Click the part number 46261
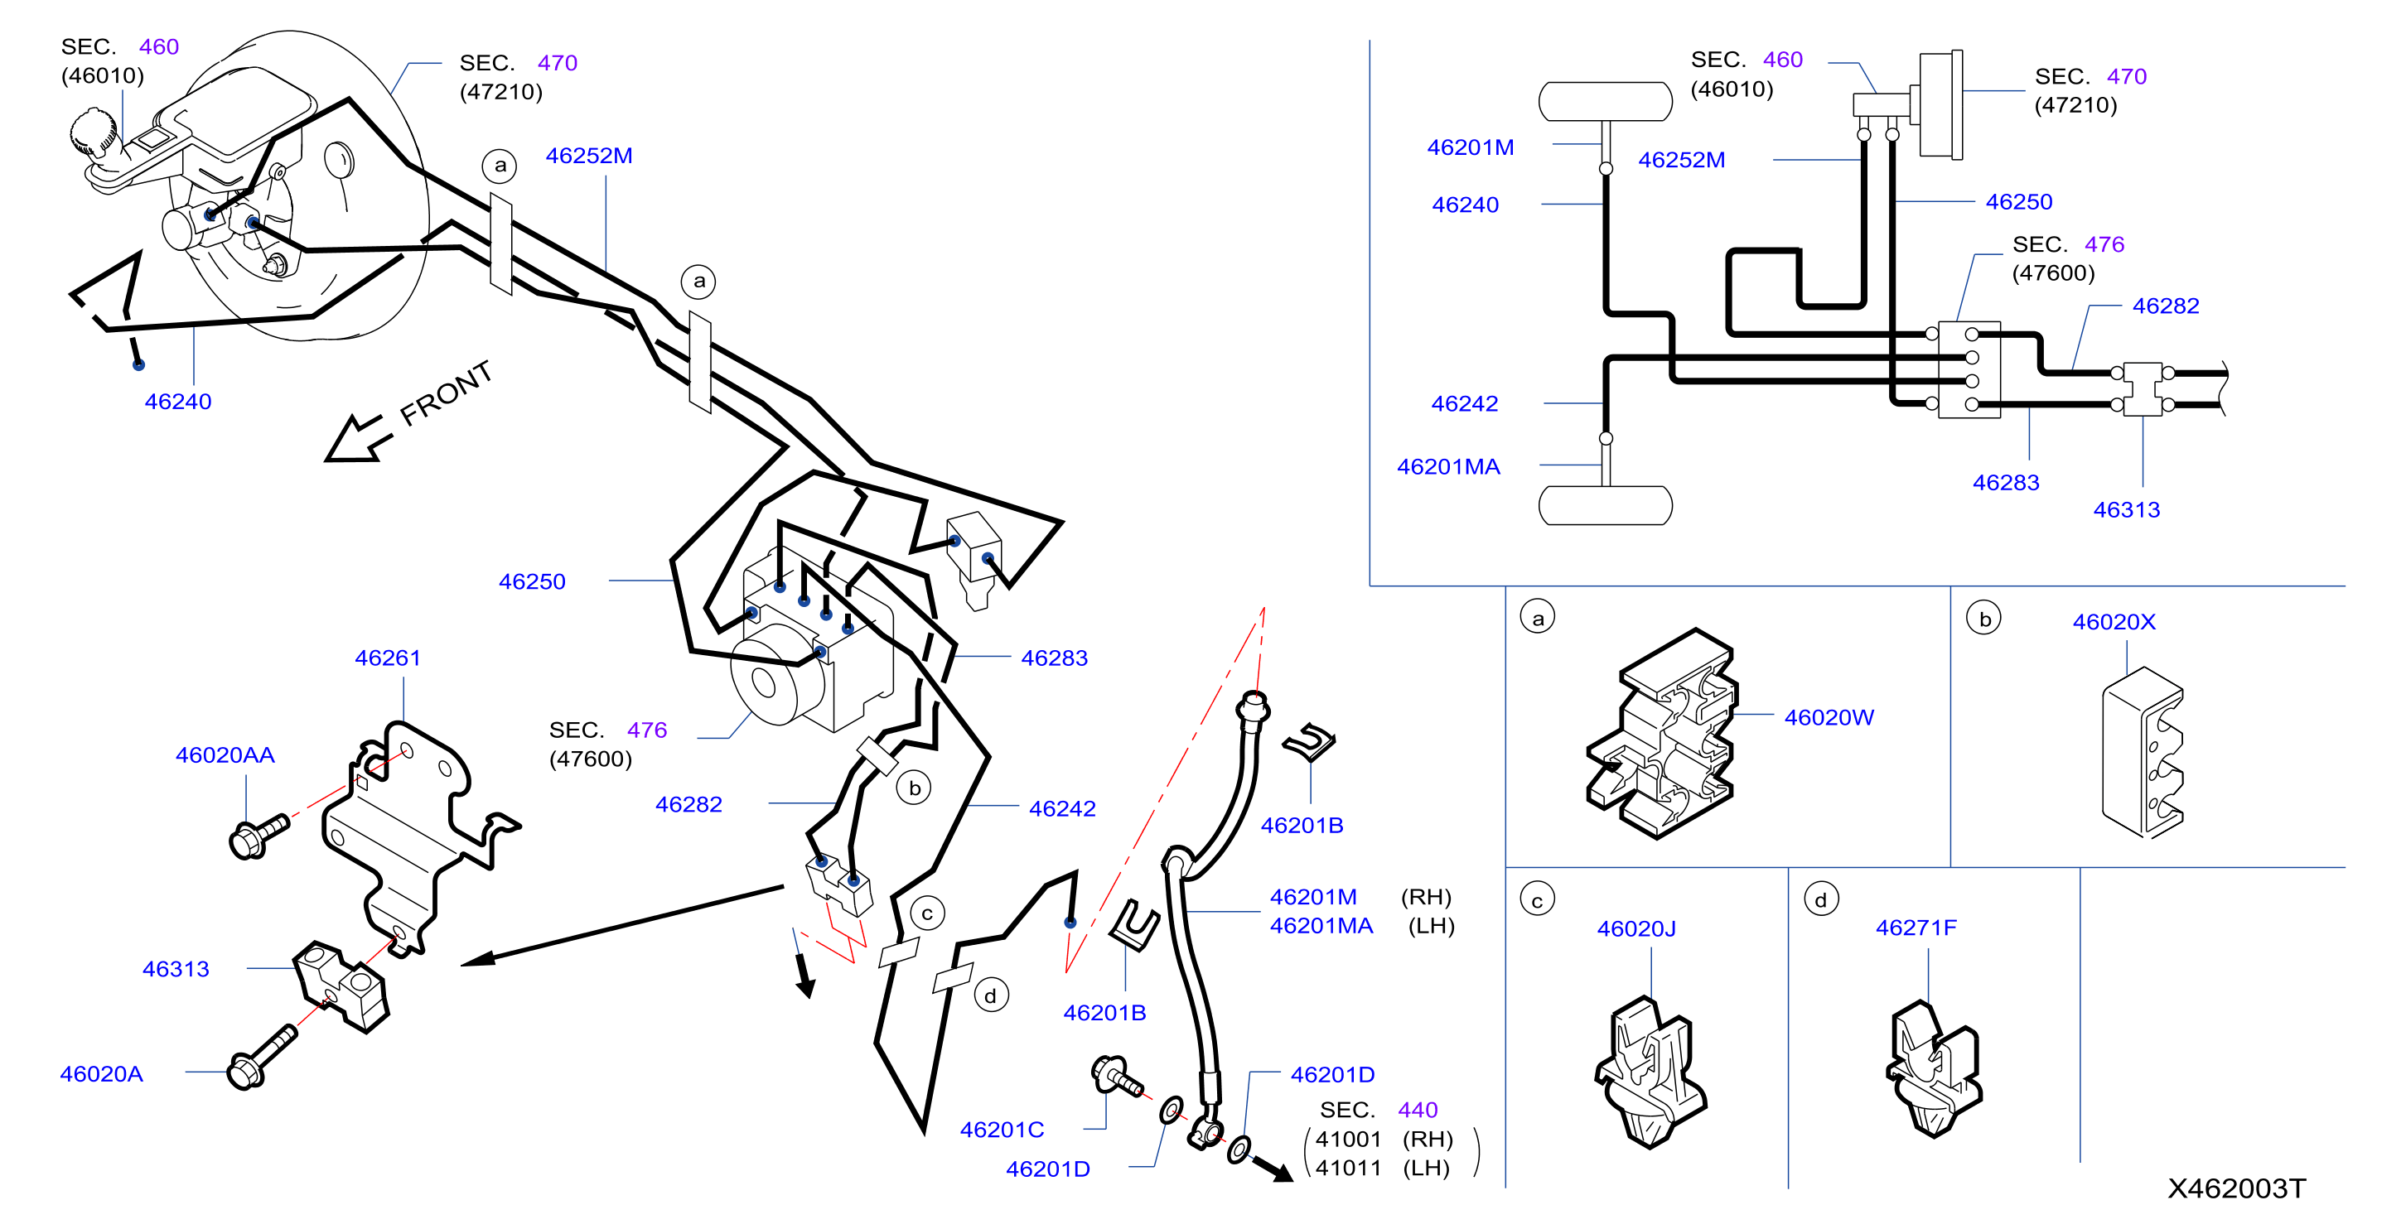pyautogui.click(x=388, y=658)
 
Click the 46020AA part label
pyautogui.click(x=225, y=754)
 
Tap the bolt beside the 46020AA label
pyautogui.click(x=258, y=836)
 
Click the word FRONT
pyautogui.click(x=446, y=393)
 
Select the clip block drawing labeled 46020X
pyautogui.click(x=2143, y=752)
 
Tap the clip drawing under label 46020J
pyautogui.click(x=1650, y=1071)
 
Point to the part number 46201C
pyautogui.click(x=1002, y=1129)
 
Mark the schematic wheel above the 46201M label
pyautogui.click(x=1606, y=102)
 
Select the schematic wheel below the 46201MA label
pyautogui.click(x=1606, y=505)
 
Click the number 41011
pyautogui.click(x=1348, y=1168)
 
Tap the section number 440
pyautogui.click(x=1418, y=1110)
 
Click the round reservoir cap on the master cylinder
pyautogui.click(x=94, y=132)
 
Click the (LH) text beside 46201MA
pyautogui.click(x=1431, y=926)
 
